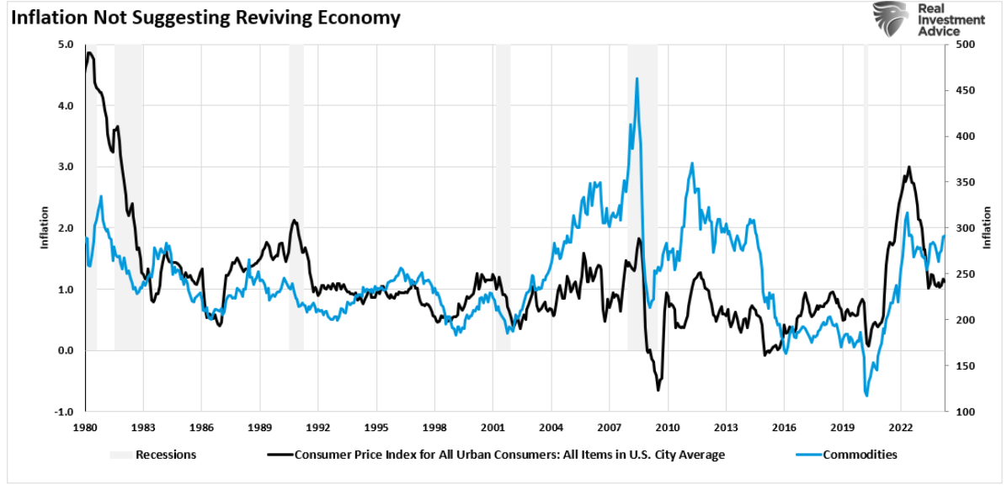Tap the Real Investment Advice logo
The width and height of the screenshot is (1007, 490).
[929, 20]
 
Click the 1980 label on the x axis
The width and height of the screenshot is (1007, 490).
[85, 426]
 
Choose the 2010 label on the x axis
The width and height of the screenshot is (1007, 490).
[668, 426]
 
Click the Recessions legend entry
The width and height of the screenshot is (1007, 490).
[153, 455]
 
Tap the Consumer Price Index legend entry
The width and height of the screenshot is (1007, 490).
[496, 455]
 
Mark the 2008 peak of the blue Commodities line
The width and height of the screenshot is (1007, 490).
[637, 78]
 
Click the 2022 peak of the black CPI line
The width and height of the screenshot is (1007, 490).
[908, 167]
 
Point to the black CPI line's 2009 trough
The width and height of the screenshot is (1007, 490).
[658, 390]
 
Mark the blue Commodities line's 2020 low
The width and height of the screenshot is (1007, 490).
[866, 396]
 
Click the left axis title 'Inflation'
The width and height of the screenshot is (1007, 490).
[45, 228]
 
